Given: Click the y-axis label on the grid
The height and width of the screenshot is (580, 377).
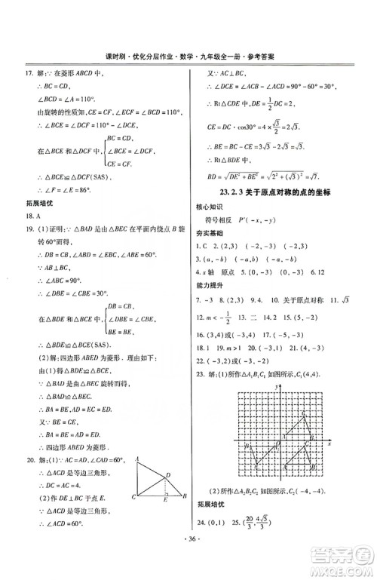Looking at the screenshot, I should (278, 386).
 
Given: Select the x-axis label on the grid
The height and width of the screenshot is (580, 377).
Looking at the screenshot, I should (329, 444).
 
